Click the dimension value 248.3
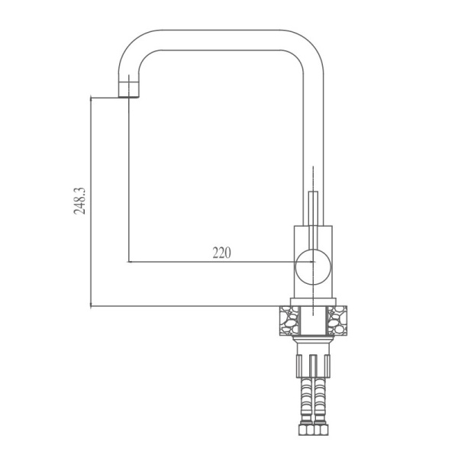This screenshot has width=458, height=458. [79, 200]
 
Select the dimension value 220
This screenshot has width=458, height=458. [221, 253]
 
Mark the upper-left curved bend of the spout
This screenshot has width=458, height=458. [137, 50]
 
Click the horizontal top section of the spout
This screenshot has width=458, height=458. [221, 40]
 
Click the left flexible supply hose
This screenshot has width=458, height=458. [304, 397]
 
